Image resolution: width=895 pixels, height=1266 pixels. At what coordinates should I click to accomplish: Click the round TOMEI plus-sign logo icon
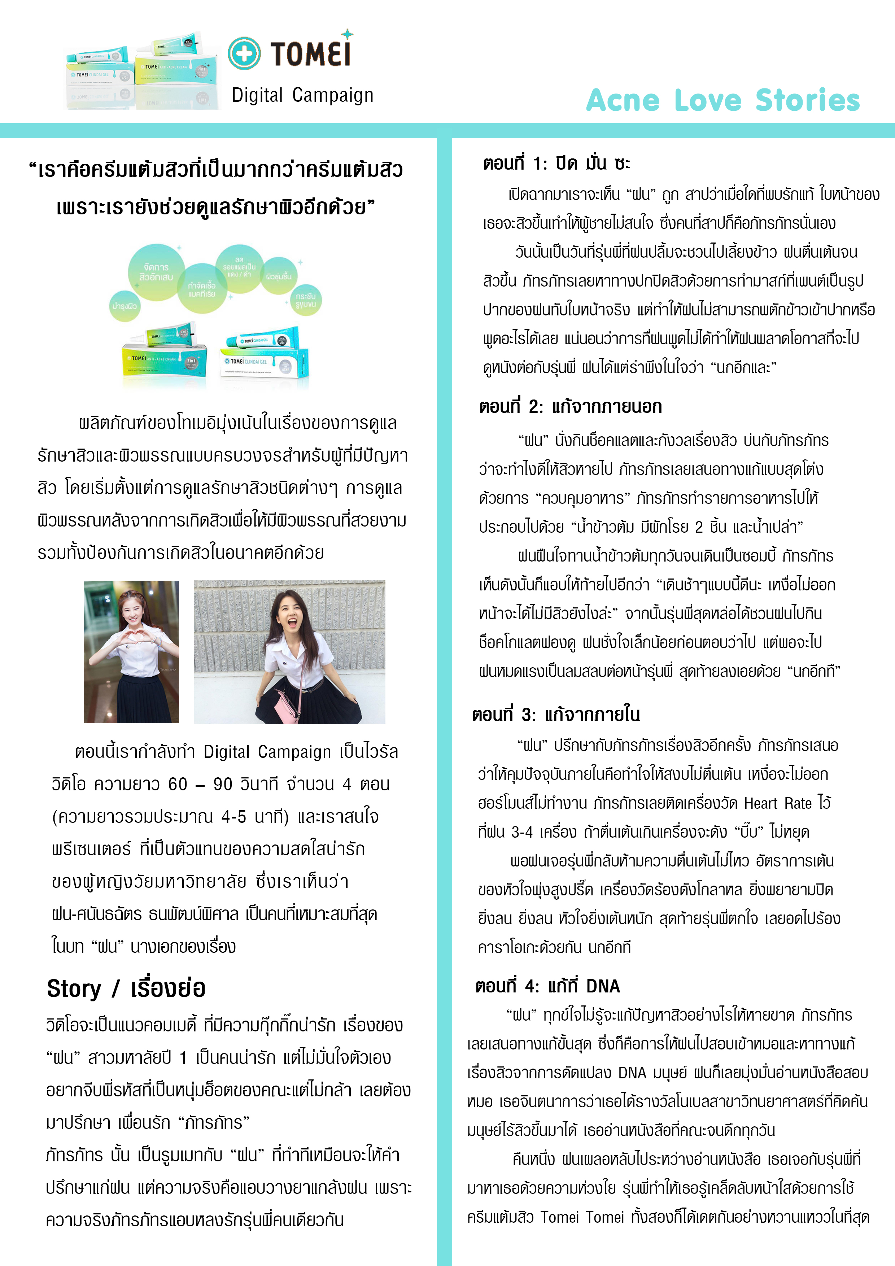[x=244, y=53]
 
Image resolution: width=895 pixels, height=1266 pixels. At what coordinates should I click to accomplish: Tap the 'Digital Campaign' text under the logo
[x=302, y=95]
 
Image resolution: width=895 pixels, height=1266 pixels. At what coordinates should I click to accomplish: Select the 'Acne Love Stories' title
[x=722, y=100]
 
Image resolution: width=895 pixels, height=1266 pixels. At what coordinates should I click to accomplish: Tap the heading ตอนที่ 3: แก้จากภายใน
[x=556, y=715]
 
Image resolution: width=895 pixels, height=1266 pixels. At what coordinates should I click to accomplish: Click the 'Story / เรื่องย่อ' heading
[x=126, y=988]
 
